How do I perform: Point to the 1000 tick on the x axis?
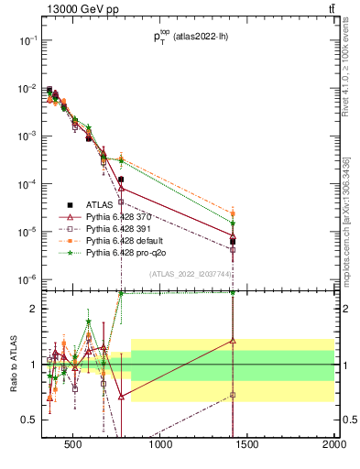coord(160,447)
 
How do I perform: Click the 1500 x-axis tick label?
coord(247,447)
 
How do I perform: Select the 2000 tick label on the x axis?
coord(333,447)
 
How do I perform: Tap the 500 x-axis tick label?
coord(74,447)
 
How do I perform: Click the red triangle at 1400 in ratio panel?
coord(233,341)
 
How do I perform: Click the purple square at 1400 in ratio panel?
coord(233,395)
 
